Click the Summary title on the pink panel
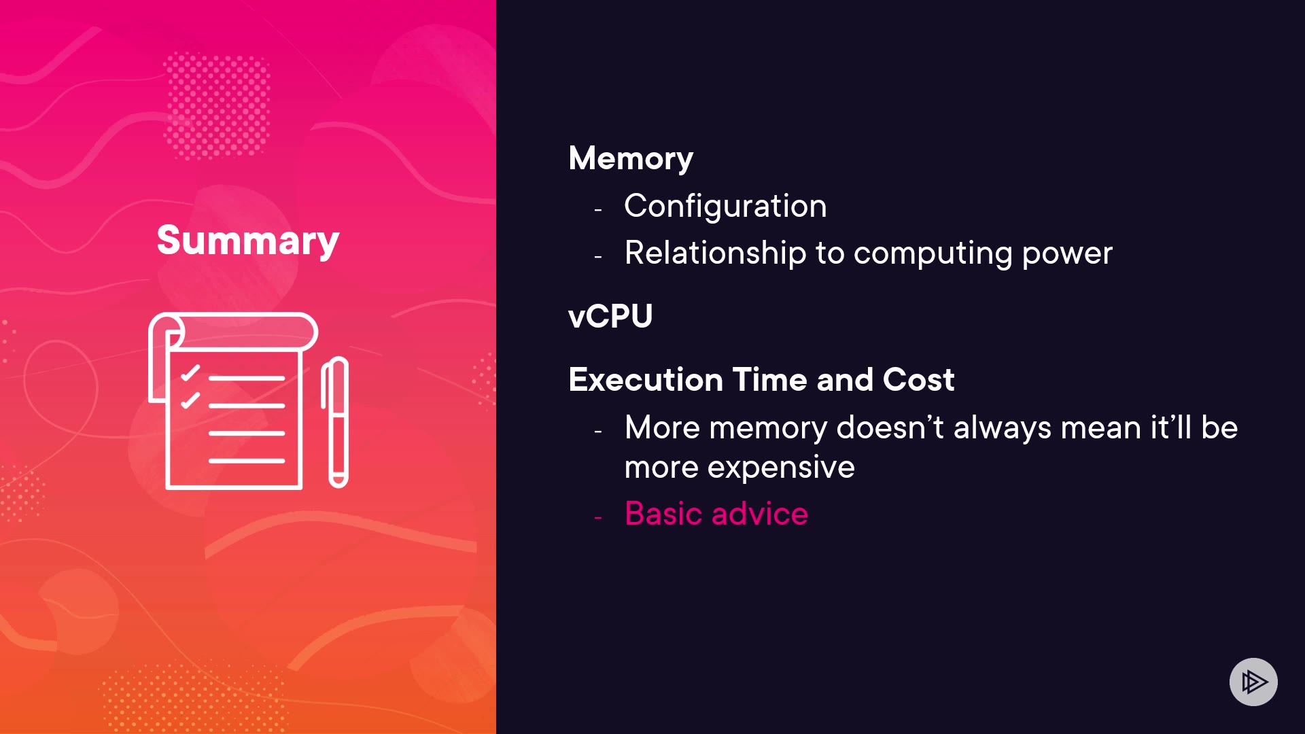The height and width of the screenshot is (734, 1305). [248, 241]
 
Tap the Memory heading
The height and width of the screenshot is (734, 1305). [631, 158]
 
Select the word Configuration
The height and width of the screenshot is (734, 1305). [725, 206]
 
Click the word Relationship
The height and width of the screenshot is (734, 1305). [715, 253]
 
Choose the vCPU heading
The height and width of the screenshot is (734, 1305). [610, 316]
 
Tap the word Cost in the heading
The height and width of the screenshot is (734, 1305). [918, 379]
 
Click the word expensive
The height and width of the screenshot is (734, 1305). [780, 468]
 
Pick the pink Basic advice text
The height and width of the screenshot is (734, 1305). [716, 513]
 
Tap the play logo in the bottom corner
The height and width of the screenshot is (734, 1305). [1253, 682]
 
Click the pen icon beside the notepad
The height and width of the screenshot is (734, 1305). [335, 422]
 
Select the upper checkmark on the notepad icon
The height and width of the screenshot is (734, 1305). [190, 373]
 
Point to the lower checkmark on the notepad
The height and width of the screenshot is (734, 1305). [190, 400]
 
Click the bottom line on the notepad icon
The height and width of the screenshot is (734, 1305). [247, 461]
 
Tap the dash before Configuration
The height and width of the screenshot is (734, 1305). [598, 211]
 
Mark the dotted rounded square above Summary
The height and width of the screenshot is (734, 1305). [217, 105]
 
